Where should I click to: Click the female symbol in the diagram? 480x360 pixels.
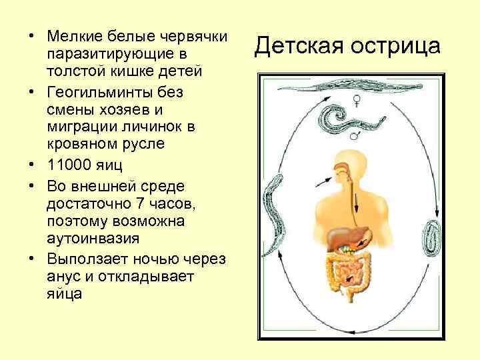tap(357, 101)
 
